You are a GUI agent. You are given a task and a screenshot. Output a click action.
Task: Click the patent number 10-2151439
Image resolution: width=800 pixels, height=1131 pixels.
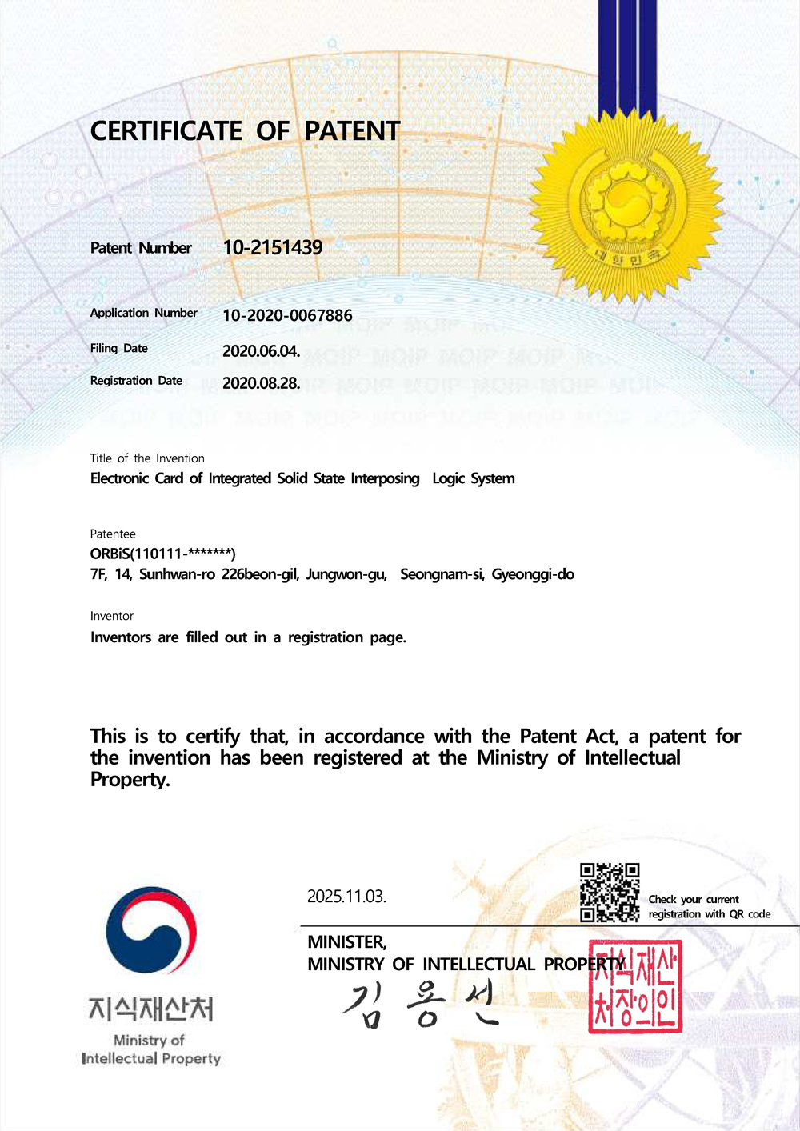coord(273,248)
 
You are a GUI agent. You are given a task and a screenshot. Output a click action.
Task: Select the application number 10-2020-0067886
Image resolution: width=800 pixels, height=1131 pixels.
coord(287,316)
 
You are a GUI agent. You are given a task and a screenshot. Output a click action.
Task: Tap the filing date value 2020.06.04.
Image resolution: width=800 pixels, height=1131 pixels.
coord(261,351)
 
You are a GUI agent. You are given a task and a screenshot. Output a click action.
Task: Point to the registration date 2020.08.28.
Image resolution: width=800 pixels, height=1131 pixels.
coord(261,383)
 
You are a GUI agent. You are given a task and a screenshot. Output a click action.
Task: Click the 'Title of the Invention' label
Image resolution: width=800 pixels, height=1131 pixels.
coord(147,458)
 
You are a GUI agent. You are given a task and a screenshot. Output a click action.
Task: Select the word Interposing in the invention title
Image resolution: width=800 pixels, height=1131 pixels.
coord(385,478)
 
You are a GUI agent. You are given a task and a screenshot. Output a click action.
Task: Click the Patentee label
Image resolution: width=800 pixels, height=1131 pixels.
coord(113,534)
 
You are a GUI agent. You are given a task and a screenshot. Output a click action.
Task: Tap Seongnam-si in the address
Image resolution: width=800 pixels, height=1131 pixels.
coord(442,574)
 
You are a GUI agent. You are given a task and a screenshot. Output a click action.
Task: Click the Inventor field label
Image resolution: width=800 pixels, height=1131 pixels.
coord(112,616)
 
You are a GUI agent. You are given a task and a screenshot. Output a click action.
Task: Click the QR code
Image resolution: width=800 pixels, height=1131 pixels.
coord(610,893)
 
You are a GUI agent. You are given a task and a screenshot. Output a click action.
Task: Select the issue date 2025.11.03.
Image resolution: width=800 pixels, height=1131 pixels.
coord(346,897)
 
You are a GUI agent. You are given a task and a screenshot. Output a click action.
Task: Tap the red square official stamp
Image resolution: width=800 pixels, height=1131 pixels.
coord(635,986)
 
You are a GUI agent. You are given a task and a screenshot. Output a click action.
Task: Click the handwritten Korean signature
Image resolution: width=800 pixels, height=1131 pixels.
coord(421,1005)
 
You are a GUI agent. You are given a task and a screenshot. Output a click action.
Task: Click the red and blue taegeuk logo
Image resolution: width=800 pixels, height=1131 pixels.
coord(151,929)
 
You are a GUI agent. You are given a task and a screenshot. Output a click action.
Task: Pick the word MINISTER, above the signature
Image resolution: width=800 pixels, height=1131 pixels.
coord(347,942)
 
